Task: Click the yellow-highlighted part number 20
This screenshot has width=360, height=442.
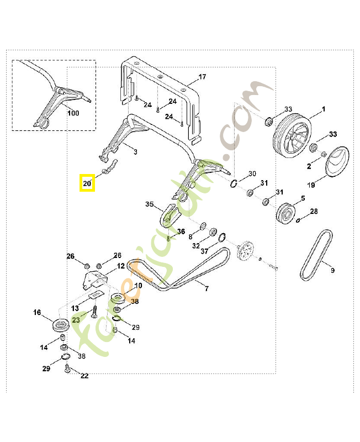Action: point(87,183)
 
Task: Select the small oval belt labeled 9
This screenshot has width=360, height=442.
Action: point(316,254)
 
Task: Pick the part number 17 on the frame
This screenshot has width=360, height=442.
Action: point(202,77)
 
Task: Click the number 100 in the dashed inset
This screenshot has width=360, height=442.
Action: point(73,113)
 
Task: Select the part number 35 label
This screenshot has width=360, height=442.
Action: point(149,204)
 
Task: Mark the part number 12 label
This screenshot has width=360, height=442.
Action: point(120,266)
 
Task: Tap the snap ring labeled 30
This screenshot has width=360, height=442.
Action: point(234,185)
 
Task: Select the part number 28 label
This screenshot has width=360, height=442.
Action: point(314,212)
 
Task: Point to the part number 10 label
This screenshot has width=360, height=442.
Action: point(138,286)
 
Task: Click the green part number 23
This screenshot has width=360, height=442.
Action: point(76,319)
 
